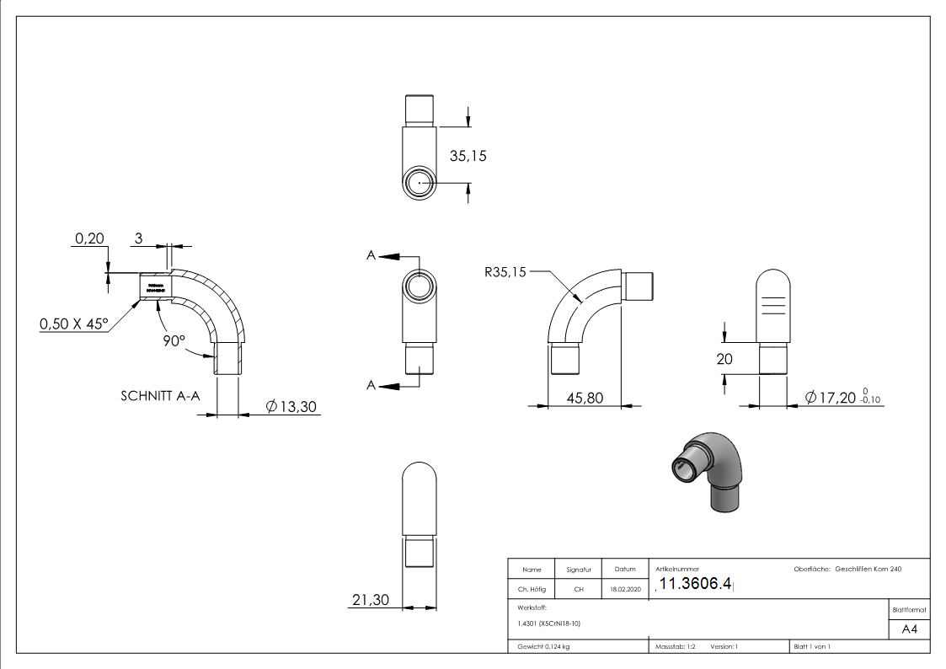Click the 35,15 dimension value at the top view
pyautogui.click(x=468, y=156)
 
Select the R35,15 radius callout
pyautogui.click(x=505, y=272)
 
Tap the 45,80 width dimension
pyautogui.click(x=585, y=398)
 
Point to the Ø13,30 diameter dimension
pyautogui.click(x=291, y=406)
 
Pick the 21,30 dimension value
pyautogui.click(x=370, y=600)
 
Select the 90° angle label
pyautogui.click(x=174, y=340)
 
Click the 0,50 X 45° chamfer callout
pyautogui.click(x=73, y=324)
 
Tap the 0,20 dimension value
pyautogui.click(x=89, y=238)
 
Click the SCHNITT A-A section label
pyautogui.click(x=160, y=394)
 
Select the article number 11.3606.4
pyautogui.click(x=695, y=585)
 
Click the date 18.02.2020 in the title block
pyautogui.click(x=624, y=590)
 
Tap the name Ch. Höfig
pyautogui.click(x=531, y=590)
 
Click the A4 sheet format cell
pyautogui.click(x=909, y=629)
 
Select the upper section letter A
pyautogui.click(x=371, y=255)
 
